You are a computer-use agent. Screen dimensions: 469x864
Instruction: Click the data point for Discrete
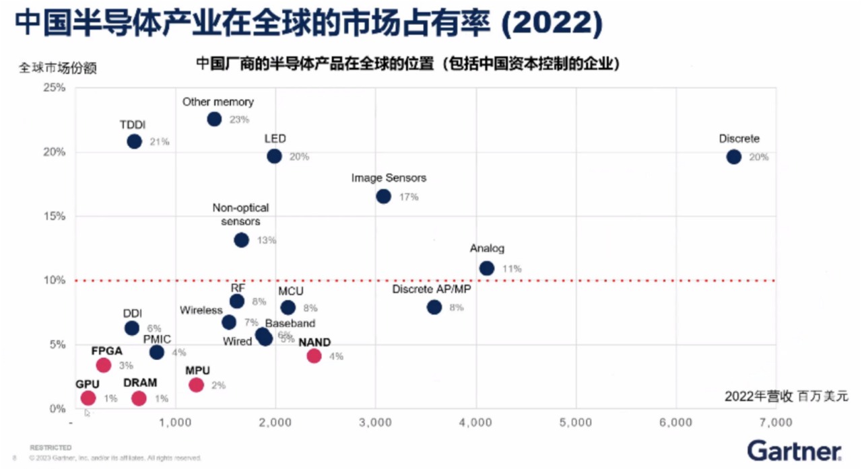point(733,157)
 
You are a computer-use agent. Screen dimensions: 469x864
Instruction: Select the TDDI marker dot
point(134,141)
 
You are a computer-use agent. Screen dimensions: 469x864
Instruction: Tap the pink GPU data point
point(88,398)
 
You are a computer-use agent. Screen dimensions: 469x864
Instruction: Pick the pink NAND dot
point(314,355)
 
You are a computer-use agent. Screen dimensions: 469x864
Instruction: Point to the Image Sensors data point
point(383,196)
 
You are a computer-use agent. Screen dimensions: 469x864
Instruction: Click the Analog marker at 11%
point(486,268)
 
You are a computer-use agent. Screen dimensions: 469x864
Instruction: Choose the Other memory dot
point(214,119)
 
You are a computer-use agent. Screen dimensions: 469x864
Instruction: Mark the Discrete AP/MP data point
point(434,307)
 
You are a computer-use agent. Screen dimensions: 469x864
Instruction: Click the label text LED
point(275,139)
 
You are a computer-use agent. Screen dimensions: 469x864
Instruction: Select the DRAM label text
point(140,383)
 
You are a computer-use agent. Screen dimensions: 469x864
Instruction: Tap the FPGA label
point(107,351)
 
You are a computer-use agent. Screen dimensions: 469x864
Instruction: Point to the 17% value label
point(409,197)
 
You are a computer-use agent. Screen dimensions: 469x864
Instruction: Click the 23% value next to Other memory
point(239,120)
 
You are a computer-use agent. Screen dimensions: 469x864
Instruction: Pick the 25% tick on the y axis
point(55,87)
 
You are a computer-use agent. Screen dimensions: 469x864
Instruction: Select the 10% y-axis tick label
point(55,280)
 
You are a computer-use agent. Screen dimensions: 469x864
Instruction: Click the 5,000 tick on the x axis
point(576,422)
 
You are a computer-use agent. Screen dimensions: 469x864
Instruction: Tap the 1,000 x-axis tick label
point(176,422)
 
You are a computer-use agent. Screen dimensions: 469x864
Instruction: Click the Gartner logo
point(794,449)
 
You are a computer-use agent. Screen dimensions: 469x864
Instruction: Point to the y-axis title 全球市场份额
point(58,68)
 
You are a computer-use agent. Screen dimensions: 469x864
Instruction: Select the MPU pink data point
point(196,385)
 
